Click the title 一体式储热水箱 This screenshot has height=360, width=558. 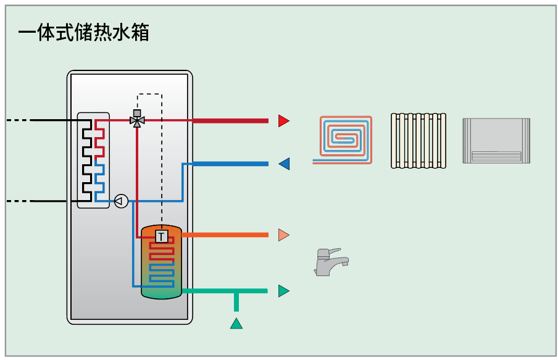coord(83,32)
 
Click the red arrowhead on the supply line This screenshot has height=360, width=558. coord(283,120)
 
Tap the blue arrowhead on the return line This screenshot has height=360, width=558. coord(284,164)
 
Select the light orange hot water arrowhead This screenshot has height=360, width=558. coord(283,235)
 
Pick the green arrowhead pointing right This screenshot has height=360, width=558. coord(283,291)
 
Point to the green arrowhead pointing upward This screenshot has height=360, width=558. coord(236,324)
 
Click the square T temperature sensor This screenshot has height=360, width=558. coord(162,237)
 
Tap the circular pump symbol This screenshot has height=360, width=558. coord(121,201)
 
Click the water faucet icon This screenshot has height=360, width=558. coord(331,262)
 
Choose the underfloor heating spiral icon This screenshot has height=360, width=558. coord(343,140)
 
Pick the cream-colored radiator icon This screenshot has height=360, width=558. coord(418,141)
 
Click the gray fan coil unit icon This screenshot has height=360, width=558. coord(496,141)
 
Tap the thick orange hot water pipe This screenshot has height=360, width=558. coord(225,235)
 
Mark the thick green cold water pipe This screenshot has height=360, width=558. coord(225,291)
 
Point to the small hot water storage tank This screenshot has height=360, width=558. coord(162,262)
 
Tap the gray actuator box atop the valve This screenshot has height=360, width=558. coord(137,113)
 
